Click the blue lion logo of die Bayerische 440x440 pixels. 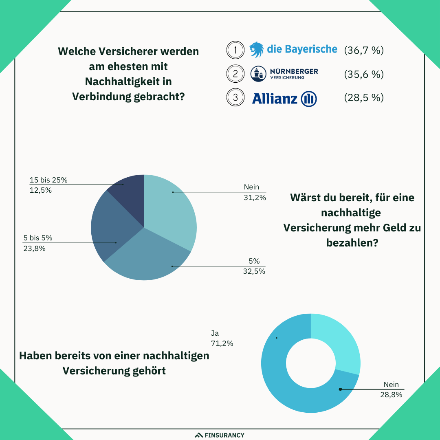257,50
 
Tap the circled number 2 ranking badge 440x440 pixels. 235,74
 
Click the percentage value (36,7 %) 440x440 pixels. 364,51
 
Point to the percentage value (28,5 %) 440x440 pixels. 364,98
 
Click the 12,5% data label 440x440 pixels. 40,190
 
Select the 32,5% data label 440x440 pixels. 254,271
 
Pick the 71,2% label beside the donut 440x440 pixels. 222,343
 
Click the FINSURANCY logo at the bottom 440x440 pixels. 220,435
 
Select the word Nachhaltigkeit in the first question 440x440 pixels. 128,81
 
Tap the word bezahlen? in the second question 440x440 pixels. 352,243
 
